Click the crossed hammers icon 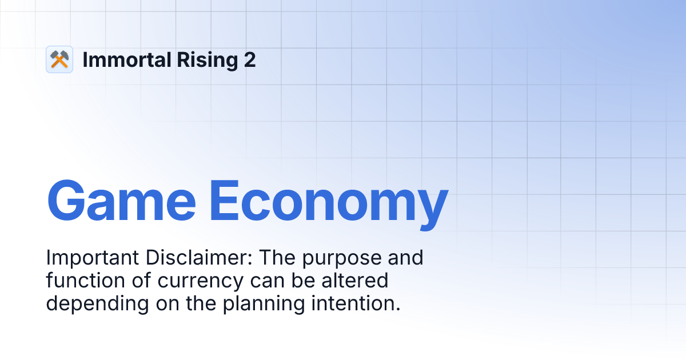click(59, 59)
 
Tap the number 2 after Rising click(250, 59)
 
